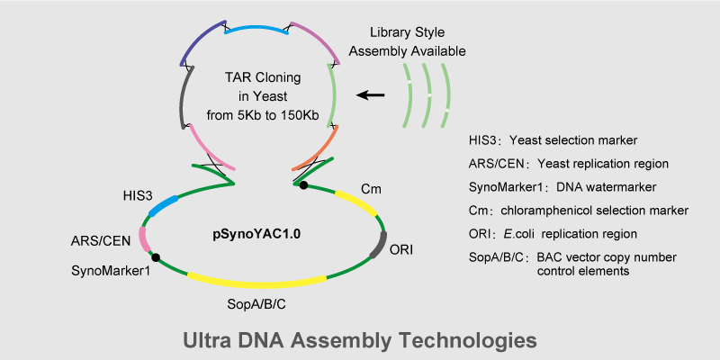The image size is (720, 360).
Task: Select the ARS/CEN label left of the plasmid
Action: tap(101, 241)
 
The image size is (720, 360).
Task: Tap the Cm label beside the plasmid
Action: tap(370, 188)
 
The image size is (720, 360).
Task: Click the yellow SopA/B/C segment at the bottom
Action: tap(256, 279)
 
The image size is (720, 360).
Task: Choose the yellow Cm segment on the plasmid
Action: tap(355, 203)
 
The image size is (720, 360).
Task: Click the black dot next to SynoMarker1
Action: tap(157, 258)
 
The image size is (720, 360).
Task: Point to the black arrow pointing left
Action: tap(370, 94)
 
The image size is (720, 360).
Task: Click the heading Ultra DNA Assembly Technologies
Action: tap(360, 340)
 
